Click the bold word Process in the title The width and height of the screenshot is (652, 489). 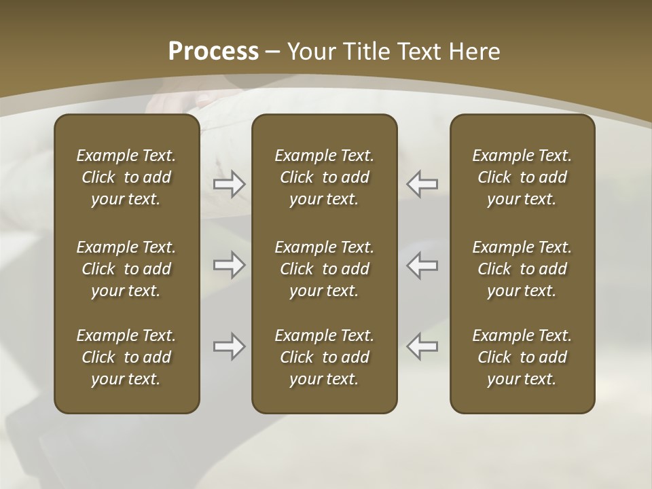click(213, 52)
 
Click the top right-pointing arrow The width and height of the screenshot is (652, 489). click(230, 183)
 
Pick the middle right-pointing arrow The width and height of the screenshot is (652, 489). click(230, 265)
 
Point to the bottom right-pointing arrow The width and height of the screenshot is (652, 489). click(230, 346)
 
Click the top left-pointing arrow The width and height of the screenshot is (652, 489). click(422, 183)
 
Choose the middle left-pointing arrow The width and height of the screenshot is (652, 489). click(422, 265)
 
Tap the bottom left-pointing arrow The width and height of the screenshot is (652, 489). click(422, 346)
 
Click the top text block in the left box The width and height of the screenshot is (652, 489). click(126, 177)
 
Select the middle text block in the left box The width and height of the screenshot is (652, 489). click(126, 269)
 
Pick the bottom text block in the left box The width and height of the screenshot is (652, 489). click(126, 357)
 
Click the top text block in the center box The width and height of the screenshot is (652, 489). click(325, 177)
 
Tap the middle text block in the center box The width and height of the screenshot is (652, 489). click(325, 269)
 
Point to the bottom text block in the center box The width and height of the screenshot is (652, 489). click(325, 357)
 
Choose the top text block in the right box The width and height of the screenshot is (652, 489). click(522, 177)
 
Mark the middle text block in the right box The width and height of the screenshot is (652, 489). click(522, 269)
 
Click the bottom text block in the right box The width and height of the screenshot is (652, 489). click(522, 357)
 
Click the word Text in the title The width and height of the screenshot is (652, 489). click(420, 52)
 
